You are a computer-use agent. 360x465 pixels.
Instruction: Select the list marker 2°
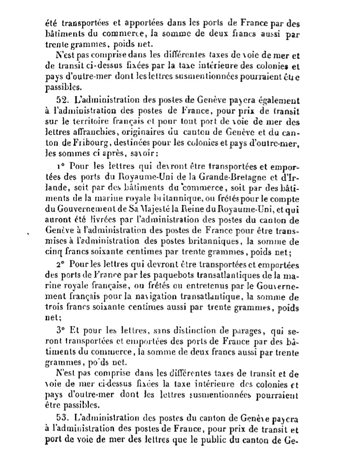(x=60, y=263)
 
